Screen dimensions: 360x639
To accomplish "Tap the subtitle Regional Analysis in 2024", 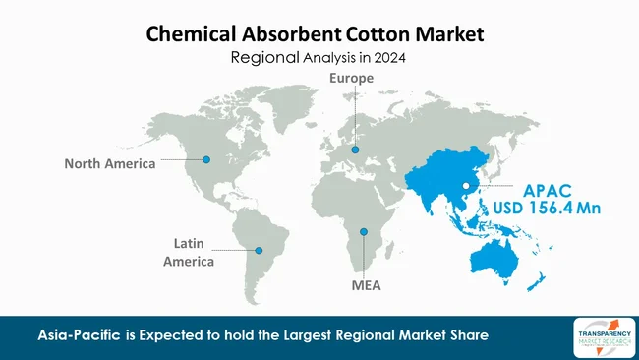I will click(318, 58).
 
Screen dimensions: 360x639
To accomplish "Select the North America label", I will click(110, 164).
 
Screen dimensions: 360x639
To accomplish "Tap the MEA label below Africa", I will click(365, 287).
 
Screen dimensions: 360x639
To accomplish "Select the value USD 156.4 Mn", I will click(548, 208).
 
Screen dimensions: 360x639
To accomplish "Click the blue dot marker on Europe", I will click(355, 150).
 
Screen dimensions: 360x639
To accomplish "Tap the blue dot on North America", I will click(206, 159).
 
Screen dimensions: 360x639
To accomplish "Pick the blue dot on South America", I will click(259, 251).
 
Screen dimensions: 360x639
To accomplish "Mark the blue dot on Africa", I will click(364, 232).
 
